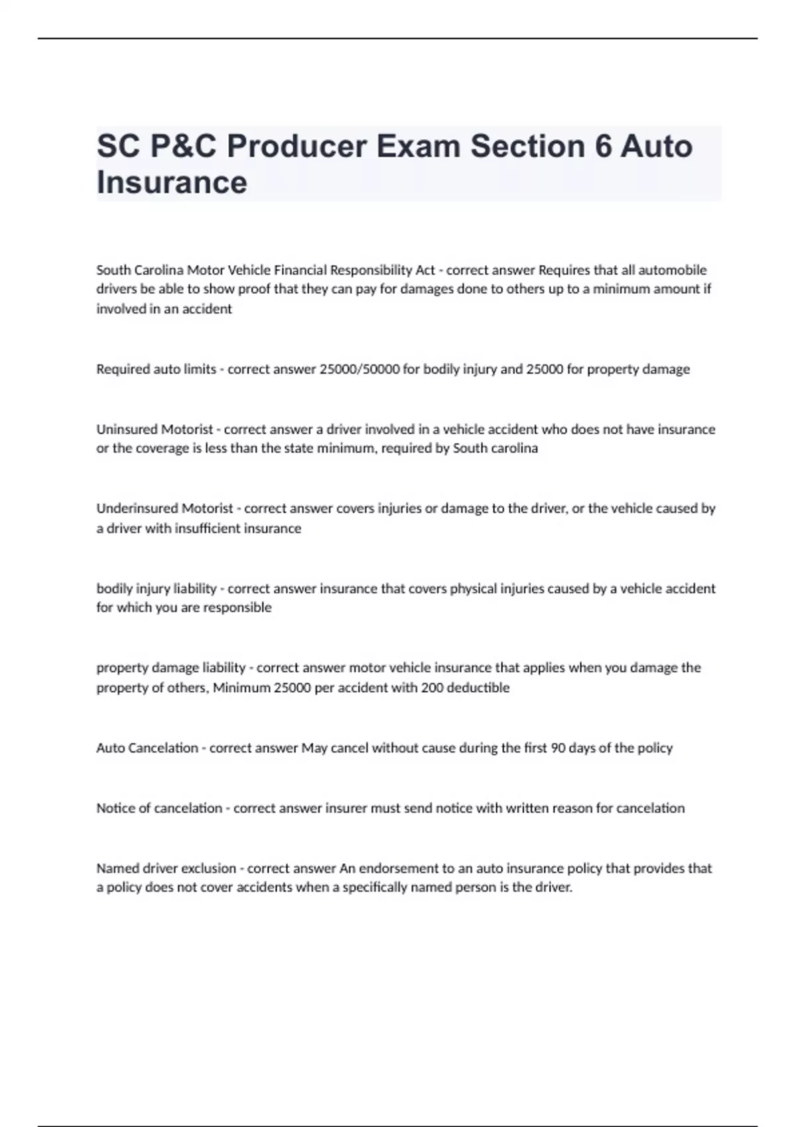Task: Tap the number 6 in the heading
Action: pyautogui.click(x=602, y=147)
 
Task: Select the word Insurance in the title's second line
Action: pyautogui.click(x=172, y=182)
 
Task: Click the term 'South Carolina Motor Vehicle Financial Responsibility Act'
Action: pyautogui.click(x=265, y=270)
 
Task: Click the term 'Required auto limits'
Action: pyautogui.click(x=156, y=369)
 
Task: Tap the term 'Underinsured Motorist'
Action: pyautogui.click(x=165, y=508)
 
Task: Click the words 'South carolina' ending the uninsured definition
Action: pyautogui.click(x=495, y=448)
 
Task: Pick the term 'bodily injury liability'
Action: pyautogui.click(x=157, y=589)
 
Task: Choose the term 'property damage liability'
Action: pyautogui.click(x=171, y=668)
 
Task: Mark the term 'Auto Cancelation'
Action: pyautogui.click(x=147, y=748)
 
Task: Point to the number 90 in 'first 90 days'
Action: pyautogui.click(x=559, y=748)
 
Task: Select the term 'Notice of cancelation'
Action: pyautogui.click(x=159, y=808)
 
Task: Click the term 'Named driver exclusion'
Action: pyautogui.click(x=166, y=868)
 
